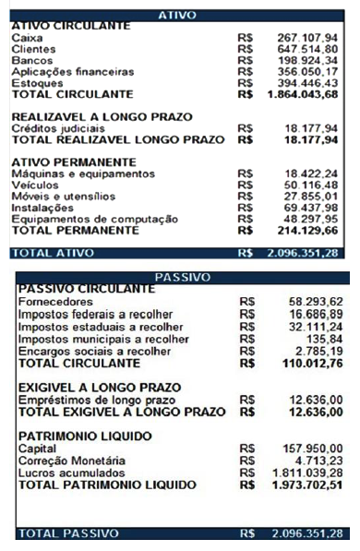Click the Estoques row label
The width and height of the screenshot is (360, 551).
[x=34, y=83]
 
